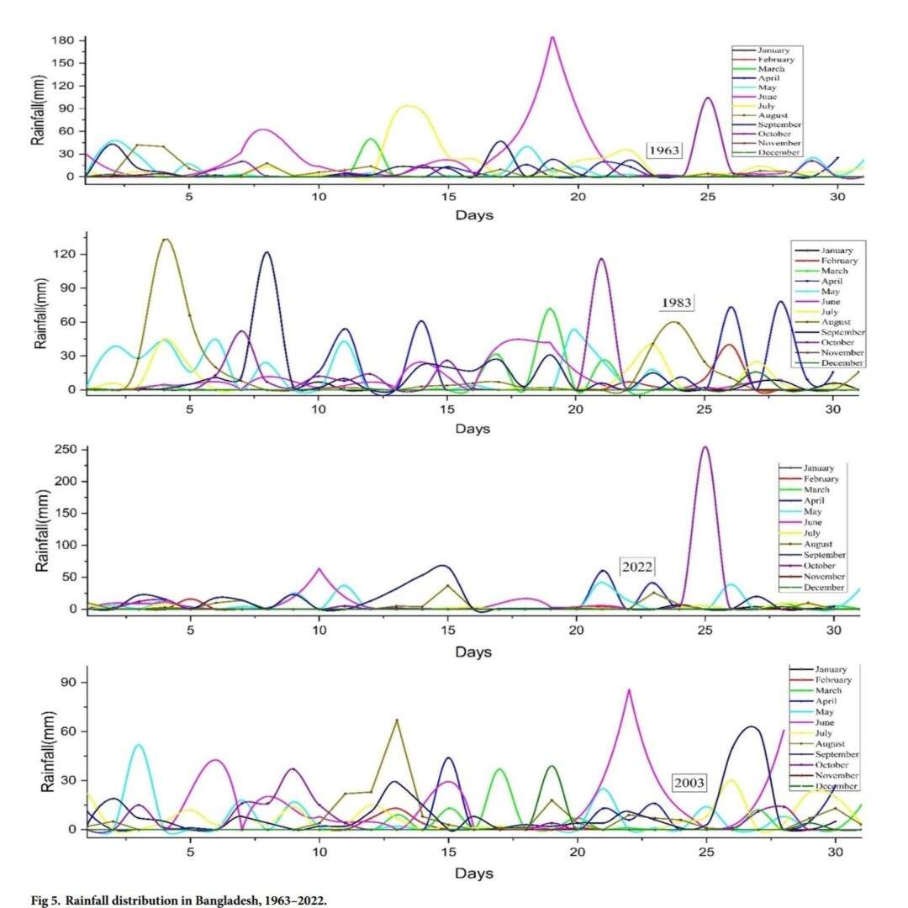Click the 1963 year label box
click(663, 150)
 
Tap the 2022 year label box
click(636, 566)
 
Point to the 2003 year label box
click(689, 783)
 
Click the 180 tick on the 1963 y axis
click(64, 40)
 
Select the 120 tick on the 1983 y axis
click(64, 254)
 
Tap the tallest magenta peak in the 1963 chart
click(552, 37)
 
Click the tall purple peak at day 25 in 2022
click(705, 447)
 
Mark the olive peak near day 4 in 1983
click(166, 240)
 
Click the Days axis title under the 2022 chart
click(474, 652)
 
